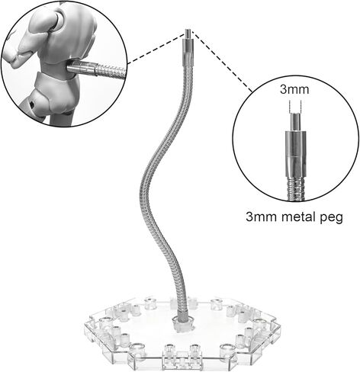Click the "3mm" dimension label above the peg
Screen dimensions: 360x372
click(x=294, y=90)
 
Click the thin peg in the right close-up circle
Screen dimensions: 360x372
click(x=295, y=122)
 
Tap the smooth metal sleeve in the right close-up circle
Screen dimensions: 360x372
click(x=295, y=154)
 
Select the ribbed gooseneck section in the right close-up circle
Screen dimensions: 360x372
click(x=295, y=189)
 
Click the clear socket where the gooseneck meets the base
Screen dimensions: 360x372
click(x=182, y=324)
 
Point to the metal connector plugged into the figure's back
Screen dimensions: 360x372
click(x=82, y=68)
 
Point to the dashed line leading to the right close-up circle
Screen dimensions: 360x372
click(x=222, y=61)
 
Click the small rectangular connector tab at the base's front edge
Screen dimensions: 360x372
click(x=182, y=360)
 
